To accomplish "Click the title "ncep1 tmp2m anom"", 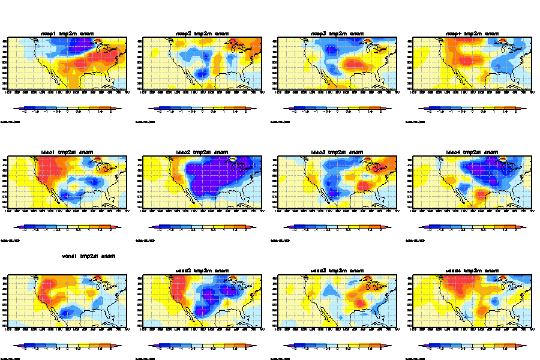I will (x=71, y=33).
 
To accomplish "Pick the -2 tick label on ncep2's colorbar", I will (x=161, y=112).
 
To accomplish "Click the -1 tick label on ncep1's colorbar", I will (x=46, y=112).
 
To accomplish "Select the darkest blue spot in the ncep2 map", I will (x=204, y=73).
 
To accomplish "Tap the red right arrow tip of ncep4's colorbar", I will (x=524, y=108).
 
